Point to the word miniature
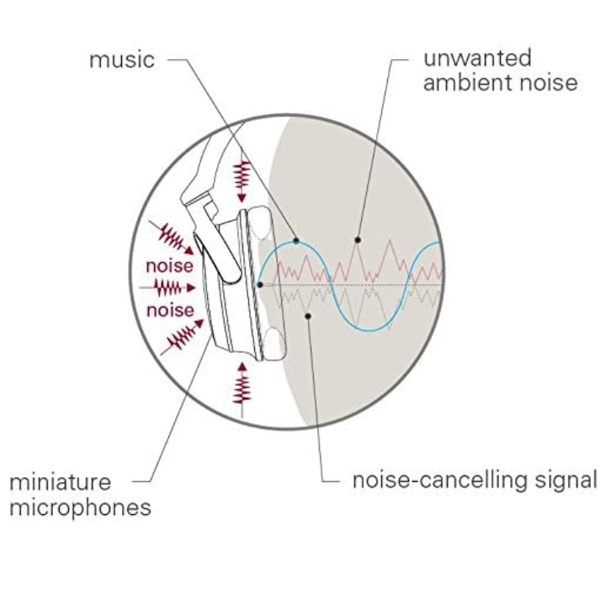(x=60, y=483)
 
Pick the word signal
(x=566, y=482)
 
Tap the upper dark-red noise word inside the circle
(x=170, y=266)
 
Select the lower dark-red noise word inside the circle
(x=170, y=310)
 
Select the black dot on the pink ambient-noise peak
(x=359, y=240)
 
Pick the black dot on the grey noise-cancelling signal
(x=310, y=316)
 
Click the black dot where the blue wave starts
(x=260, y=286)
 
